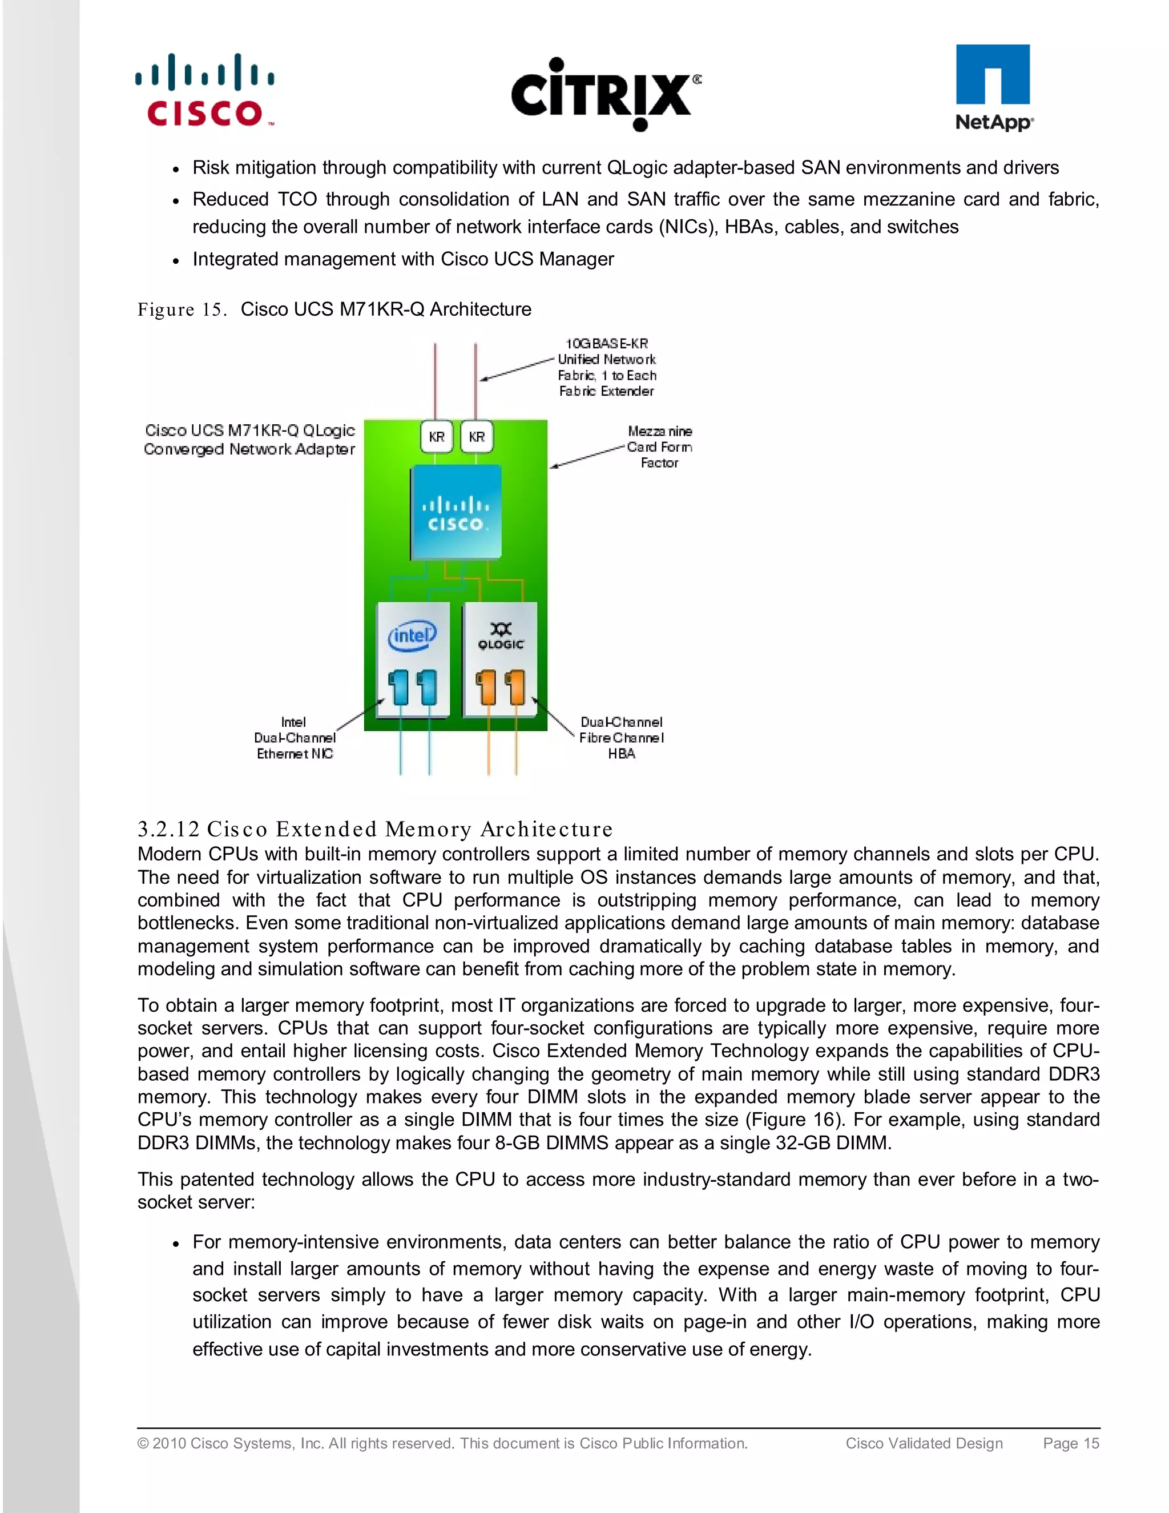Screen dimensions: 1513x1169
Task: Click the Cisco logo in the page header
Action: click(205, 91)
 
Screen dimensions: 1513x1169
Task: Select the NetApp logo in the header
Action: click(993, 88)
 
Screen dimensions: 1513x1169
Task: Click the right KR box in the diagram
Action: click(477, 436)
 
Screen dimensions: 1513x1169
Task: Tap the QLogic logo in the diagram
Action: click(501, 635)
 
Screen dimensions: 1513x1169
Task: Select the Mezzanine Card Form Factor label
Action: click(659, 447)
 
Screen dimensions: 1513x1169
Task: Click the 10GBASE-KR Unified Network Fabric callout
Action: click(607, 367)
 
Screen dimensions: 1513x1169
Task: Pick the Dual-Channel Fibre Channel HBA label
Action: click(621, 738)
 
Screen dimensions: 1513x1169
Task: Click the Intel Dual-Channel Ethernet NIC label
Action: click(295, 738)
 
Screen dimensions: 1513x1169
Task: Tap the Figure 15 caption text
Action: click(334, 309)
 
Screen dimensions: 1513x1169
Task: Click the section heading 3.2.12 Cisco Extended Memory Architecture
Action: click(374, 828)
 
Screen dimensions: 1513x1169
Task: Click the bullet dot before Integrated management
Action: click(176, 260)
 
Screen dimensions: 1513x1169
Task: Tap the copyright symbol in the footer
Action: click(143, 1444)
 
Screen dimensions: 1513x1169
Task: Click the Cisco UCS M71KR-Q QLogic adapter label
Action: click(249, 439)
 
